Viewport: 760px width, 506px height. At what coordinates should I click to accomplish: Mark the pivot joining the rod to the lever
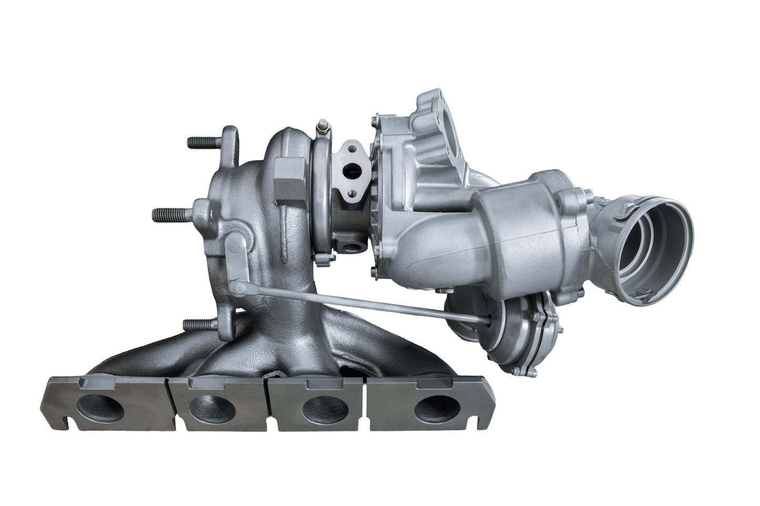click(240, 287)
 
